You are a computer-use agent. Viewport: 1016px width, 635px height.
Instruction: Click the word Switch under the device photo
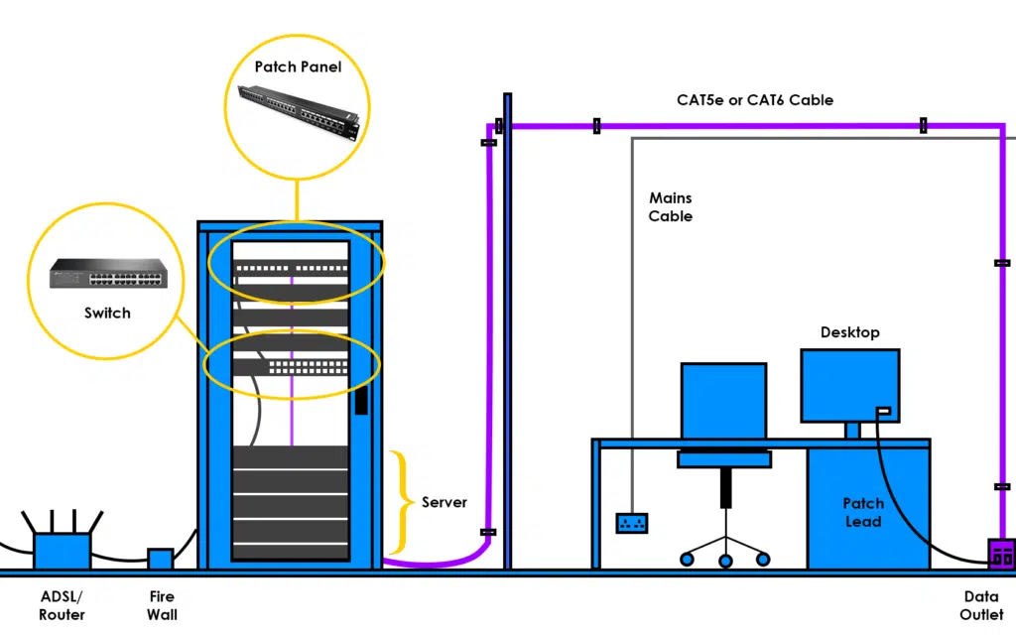106,313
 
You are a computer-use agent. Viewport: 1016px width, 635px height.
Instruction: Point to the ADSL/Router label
62,605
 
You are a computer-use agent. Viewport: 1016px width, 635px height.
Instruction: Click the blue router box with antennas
62,549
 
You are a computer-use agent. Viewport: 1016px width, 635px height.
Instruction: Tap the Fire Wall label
162,605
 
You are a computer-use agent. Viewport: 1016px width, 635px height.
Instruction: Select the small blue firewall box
161,559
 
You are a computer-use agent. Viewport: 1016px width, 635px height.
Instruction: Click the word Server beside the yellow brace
444,502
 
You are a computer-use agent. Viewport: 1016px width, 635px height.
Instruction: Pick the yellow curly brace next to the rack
399,502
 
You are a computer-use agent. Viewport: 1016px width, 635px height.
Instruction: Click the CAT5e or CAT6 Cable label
755,100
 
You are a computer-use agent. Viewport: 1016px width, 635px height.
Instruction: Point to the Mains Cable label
671,207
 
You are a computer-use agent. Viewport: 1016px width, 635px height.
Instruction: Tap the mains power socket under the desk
632,522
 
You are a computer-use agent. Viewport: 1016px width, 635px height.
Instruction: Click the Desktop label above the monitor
849,332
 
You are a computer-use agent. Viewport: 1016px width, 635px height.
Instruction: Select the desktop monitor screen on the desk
849,385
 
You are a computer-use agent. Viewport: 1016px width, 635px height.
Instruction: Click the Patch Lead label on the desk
862,512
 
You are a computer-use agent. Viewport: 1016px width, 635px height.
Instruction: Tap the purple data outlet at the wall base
1000,554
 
